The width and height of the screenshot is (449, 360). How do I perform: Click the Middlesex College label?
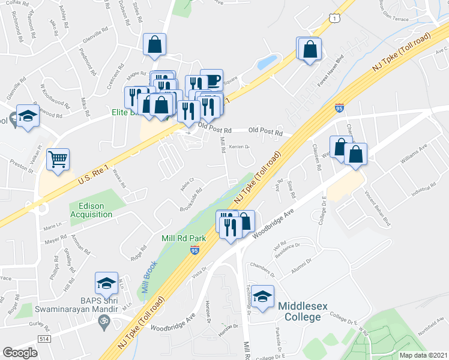point(303,311)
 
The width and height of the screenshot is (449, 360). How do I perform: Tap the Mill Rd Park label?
point(184,238)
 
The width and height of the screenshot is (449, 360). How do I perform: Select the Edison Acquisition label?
point(87,209)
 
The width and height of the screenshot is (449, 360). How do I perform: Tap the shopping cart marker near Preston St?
point(58,159)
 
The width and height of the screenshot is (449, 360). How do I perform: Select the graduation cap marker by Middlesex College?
point(262,297)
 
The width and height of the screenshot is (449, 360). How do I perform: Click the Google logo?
point(20,353)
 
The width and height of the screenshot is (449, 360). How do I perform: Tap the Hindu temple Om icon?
point(103,323)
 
